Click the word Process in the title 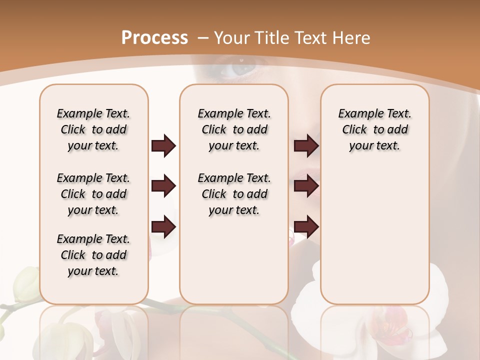[x=154, y=37]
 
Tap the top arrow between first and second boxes [x=163, y=146]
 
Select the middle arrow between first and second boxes [x=163, y=186]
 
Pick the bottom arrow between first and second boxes [x=163, y=227]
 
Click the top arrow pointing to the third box [x=306, y=146]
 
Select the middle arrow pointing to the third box [x=306, y=186]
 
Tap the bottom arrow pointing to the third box [x=306, y=227]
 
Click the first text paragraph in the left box [x=93, y=129]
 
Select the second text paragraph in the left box [x=93, y=194]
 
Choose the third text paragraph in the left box [x=93, y=255]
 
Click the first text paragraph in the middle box [x=234, y=129]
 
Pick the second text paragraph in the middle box [x=234, y=194]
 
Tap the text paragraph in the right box [x=374, y=129]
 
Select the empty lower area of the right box [x=374, y=230]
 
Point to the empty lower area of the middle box [x=234, y=260]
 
